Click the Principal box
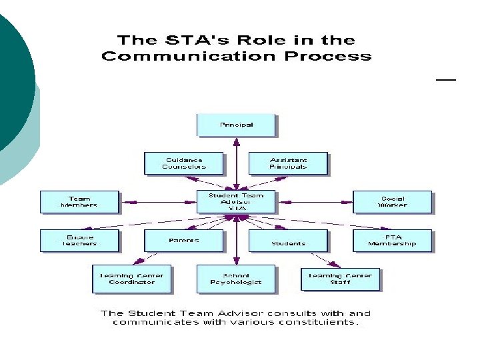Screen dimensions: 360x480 (x=235, y=125)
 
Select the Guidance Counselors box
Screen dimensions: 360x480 (x=183, y=163)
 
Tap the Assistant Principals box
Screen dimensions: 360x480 (x=288, y=163)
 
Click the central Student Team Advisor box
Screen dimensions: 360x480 (x=235, y=202)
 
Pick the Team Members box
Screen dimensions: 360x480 (x=79, y=202)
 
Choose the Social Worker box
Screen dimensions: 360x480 (x=392, y=202)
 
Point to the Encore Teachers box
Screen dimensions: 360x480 (x=79, y=240)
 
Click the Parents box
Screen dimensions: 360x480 (x=183, y=240)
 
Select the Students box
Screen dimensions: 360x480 (x=288, y=240)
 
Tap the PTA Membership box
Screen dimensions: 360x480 (x=392, y=240)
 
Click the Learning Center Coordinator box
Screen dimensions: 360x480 (x=131, y=278)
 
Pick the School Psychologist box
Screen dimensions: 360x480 (x=235, y=278)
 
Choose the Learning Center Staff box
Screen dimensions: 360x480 (x=340, y=278)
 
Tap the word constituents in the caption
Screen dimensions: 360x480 (x=321, y=323)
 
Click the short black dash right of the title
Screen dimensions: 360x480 (x=445, y=79)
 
